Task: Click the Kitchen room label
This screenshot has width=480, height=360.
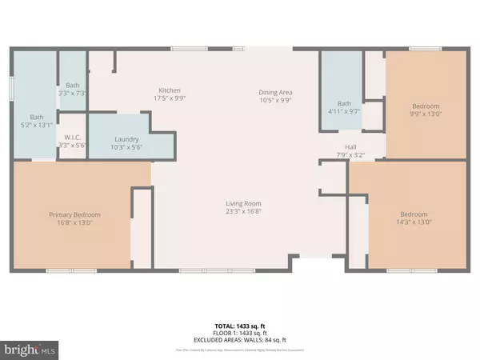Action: point(170,90)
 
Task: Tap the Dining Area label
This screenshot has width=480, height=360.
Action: point(274,90)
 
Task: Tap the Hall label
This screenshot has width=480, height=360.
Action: point(350,146)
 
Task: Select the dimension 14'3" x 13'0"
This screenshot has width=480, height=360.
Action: point(414,222)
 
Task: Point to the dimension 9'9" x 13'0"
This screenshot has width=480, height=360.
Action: point(425,113)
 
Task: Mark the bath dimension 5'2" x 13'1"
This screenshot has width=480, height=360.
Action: point(37,125)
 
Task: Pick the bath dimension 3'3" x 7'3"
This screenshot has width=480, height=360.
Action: point(73,94)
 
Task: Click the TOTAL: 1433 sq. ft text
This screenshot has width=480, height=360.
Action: point(239,325)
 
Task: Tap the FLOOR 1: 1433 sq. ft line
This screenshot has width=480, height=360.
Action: point(239,332)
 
